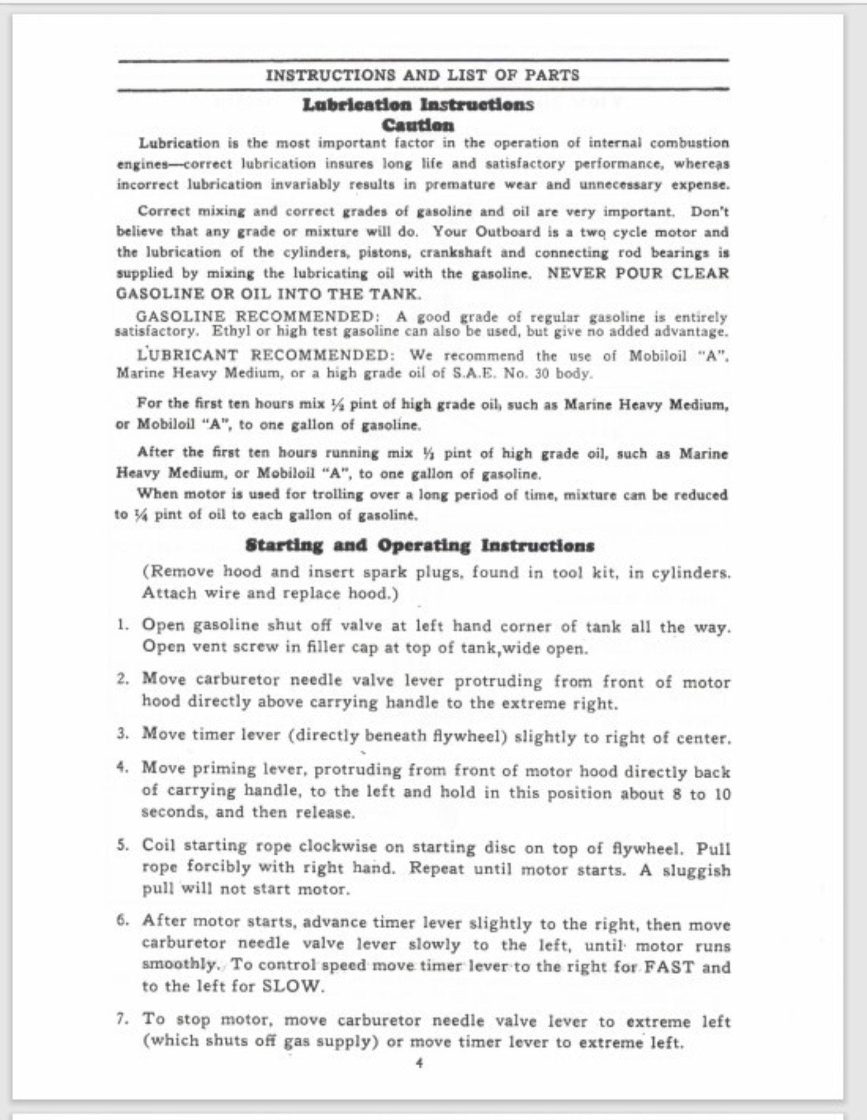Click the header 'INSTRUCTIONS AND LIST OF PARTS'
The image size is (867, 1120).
click(x=423, y=75)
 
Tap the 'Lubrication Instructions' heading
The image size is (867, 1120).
click(x=418, y=105)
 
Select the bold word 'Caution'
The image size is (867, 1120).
click(x=418, y=125)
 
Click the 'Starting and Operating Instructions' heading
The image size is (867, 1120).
click(x=420, y=546)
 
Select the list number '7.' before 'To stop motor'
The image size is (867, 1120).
click(x=123, y=1019)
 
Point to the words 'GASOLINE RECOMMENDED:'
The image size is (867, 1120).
click(x=255, y=316)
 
